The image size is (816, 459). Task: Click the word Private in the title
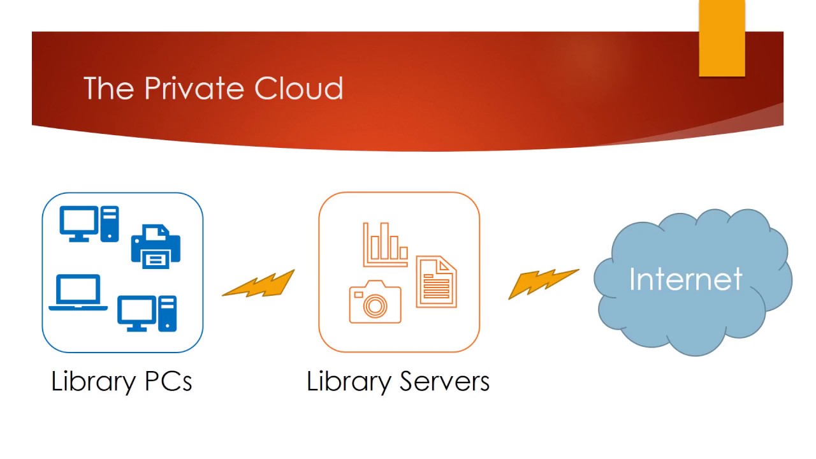[x=194, y=88]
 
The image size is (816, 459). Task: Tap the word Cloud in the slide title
[x=299, y=88]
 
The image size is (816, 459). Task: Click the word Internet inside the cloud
[x=685, y=279]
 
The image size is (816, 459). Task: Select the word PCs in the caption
[x=168, y=381]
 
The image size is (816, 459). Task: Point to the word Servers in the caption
[x=444, y=381]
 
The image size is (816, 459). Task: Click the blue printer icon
[x=156, y=247]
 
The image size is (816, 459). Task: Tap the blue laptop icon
[x=78, y=293]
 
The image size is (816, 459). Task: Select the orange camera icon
[x=375, y=302]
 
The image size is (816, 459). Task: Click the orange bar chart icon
[x=386, y=244]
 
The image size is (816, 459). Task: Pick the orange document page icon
[x=437, y=282]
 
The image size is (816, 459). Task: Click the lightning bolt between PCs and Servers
[x=258, y=284]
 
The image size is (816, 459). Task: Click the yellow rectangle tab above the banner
[x=722, y=38]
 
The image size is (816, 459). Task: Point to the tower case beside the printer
[x=110, y=224]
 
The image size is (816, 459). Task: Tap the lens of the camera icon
[x=375, y=305]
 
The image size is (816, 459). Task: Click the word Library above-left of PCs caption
[x=94, y=382]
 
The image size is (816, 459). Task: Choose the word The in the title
[x=108, y=88]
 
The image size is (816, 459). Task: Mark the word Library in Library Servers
[x=349, y=382]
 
